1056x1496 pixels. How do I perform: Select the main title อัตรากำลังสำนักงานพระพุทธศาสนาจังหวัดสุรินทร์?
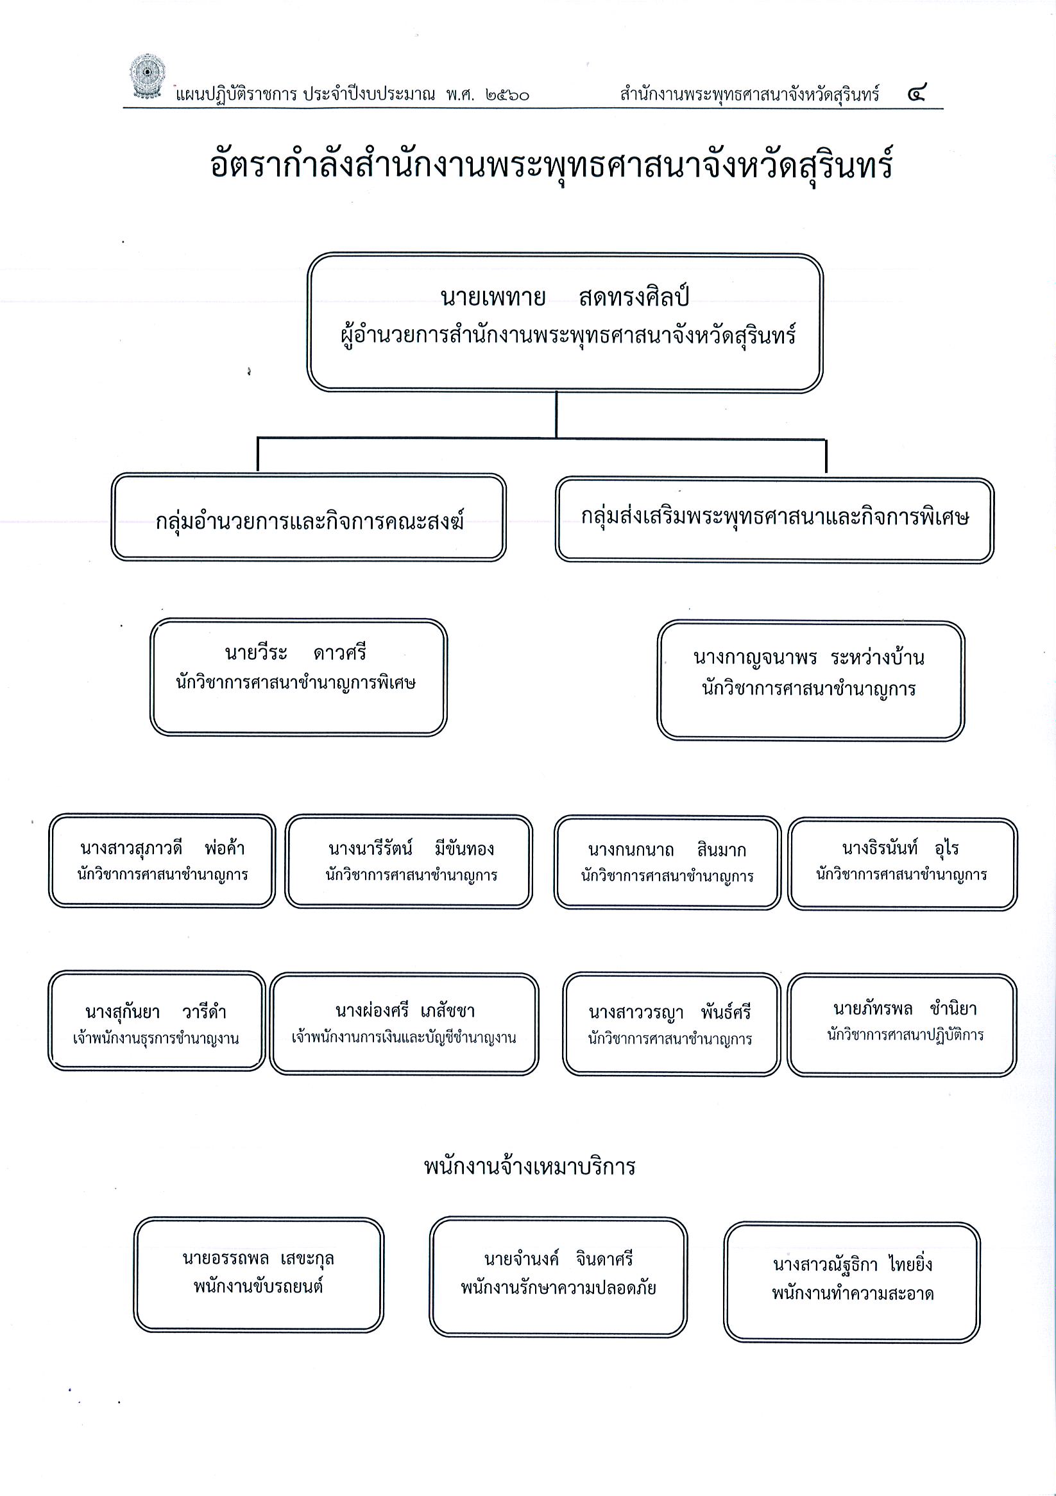[x=551, y=165]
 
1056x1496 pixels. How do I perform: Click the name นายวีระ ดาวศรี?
[x=296, y=652]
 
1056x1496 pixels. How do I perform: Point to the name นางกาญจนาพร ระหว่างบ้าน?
[x=808, y=657]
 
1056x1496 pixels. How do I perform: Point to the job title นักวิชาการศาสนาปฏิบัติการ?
[x=905, y=1035]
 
